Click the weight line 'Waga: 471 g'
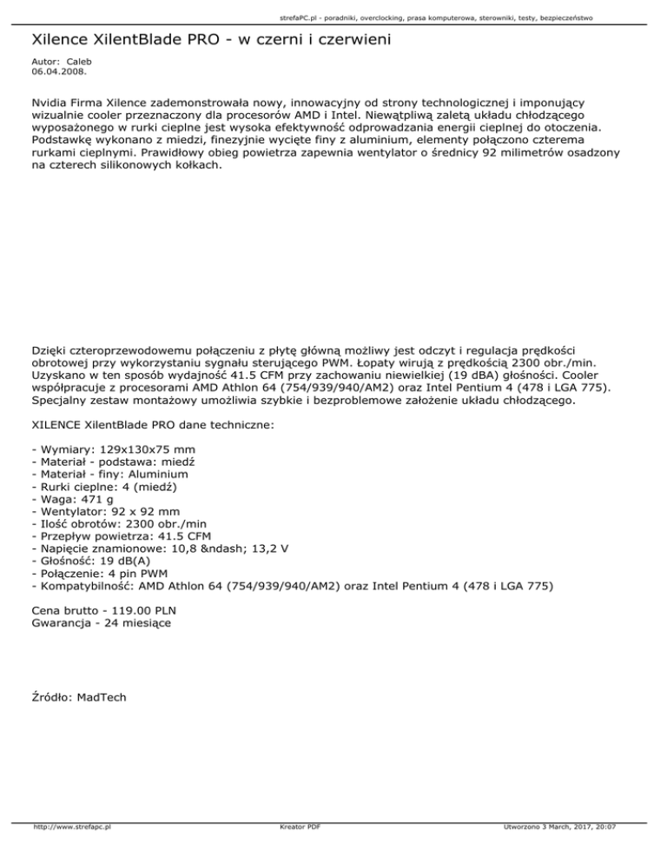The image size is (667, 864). (x=72, y=499)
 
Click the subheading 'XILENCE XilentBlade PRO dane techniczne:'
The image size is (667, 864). (x=153, y=426)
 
